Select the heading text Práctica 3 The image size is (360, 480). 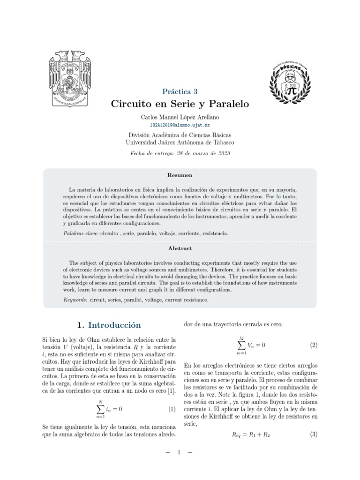tap(180, 91)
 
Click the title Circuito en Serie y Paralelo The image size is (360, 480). tap(180, 104)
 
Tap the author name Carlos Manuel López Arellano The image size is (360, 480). tap(180, 117)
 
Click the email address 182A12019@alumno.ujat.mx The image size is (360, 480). tap(180, 126)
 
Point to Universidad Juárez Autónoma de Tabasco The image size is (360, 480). tap(180, 142)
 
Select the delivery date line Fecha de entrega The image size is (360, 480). tap(180, 153)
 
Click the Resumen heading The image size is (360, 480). tap(180, 175)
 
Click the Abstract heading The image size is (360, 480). tap(180, 248)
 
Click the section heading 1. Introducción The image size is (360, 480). tap(108, 325)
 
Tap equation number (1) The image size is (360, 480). tap(172, 409)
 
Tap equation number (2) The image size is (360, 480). tap(314, 345)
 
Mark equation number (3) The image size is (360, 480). tap(314, 435)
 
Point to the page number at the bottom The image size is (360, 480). tap(180, 453)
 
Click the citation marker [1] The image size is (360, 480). tap(172, 390)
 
